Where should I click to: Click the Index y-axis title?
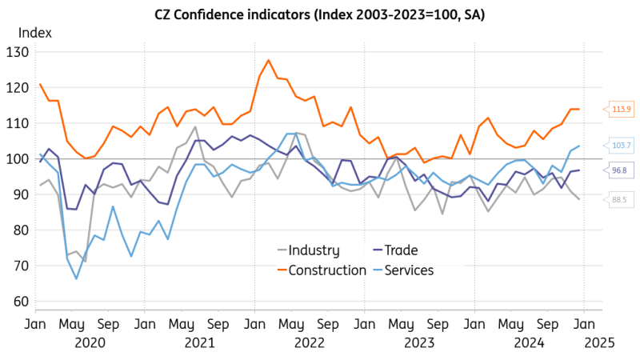pyautogui.click(x=36, y=33)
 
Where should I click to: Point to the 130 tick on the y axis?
pyautogui.click(x=17, y=52)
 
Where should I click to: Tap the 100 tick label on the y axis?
pyautogui.click(x=17, y=159)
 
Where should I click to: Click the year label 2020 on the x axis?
pyautogui.click(x=90, y=342)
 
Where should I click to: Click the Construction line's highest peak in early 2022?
pyautogui.click(x=268, y=60)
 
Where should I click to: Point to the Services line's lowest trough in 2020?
pyautogui.click(x=77, y=278)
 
